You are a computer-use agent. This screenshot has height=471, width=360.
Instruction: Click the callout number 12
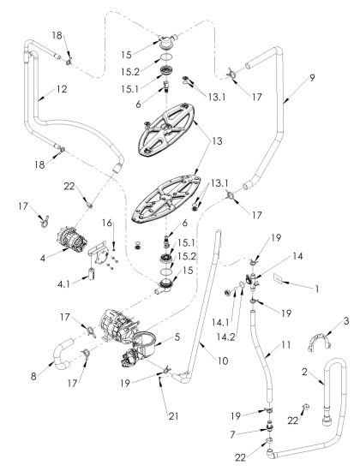(62, 89)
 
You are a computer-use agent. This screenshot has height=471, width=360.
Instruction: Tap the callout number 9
(312, 78)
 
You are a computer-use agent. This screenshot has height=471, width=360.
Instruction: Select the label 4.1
(63, 283)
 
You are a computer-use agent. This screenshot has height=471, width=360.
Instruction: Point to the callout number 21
(173, 416)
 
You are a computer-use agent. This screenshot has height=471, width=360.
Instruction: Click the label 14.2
(226, 337)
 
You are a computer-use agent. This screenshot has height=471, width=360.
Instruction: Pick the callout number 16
(107, 223)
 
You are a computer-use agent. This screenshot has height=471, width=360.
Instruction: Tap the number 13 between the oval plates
(217, 141)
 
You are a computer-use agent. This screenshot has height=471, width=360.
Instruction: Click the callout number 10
(223, 361)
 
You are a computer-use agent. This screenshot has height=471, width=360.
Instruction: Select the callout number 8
(33, 377)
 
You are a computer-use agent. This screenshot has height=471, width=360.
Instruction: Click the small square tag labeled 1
(278, 279)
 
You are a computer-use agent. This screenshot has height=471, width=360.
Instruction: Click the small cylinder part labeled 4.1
(92, 275)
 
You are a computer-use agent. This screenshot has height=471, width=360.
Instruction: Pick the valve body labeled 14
(252, 280)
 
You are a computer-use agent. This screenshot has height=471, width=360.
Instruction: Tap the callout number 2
(304, 372)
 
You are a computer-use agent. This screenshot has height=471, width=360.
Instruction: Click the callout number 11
(286, 344)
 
